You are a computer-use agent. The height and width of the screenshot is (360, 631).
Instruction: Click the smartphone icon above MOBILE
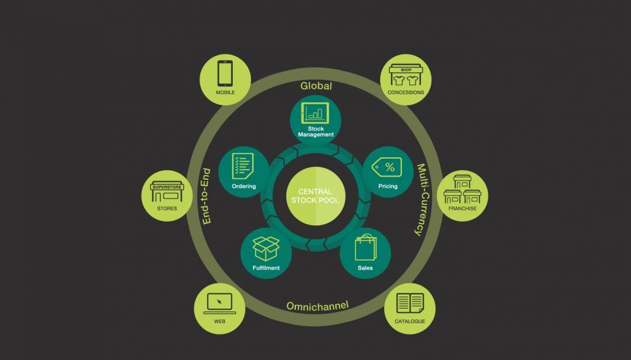(225, 74)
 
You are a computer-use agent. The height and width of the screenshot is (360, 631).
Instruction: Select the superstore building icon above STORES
(167, 192)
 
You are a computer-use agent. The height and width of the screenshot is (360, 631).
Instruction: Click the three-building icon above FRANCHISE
(463, 189)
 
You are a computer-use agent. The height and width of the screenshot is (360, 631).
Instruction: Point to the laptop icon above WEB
(219, 302)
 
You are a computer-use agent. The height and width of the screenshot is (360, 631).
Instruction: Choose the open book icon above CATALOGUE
(410, 302)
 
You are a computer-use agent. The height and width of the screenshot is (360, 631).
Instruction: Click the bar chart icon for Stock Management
(315, 112)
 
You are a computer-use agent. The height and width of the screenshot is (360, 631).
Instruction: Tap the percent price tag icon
(388, 167)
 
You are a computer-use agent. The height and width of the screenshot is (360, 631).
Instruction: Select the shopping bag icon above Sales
(365, 248)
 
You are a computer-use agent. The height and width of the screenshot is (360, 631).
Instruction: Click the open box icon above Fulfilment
(266, 248)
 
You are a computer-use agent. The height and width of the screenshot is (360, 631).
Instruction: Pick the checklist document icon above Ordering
(243, 166)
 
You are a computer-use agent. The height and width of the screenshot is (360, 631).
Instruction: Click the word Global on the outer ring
(316, 86)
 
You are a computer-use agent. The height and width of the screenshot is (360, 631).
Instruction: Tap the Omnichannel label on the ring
(317, 305)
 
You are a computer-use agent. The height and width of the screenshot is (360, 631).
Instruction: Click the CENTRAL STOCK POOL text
(315, 196)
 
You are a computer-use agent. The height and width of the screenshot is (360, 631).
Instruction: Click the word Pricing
(388, 186)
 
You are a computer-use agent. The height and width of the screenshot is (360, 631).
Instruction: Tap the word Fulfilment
(265, 268)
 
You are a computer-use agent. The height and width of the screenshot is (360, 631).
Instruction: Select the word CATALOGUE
(410, 321)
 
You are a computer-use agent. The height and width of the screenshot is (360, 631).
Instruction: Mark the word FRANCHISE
(463, 208)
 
